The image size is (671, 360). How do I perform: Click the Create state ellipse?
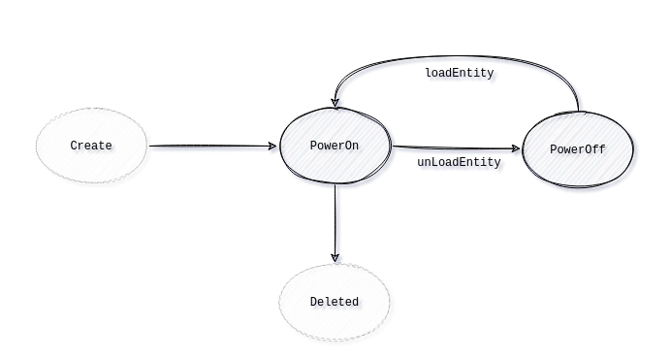[x=91, y=146]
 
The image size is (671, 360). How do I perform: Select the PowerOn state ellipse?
[x=335, y=146]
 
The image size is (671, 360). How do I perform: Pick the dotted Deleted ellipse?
[x=335, y=302]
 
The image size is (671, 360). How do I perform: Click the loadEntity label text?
[x=460, y=73]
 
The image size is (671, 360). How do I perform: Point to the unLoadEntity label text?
[x=459, y=162]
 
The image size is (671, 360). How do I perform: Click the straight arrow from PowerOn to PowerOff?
[x=456, y=148]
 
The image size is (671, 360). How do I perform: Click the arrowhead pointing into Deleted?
[x=335, y=258]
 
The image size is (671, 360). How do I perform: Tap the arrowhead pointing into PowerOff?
[x=518, y=149]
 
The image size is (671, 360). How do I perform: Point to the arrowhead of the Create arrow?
[x=272, y=147]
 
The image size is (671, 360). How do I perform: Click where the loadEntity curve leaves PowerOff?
[x=578, y=112]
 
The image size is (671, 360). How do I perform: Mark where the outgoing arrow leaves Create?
[x=150, y=147]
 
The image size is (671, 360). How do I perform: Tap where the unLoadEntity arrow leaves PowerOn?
[x=393, y=147]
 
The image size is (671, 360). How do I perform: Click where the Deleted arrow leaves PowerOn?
[x=335, y=184]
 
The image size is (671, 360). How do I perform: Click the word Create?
[x=91, y=146]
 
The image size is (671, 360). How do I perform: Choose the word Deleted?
[x=335, y=302]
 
